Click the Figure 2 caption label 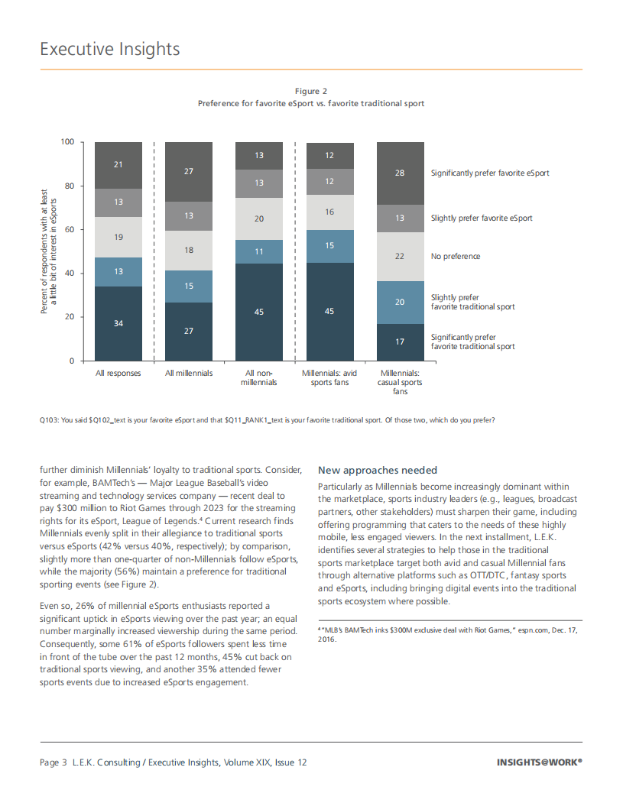click(311, 91)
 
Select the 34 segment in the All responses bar click(118, 323)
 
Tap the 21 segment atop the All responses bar click(118, 165)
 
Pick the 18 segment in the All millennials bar click(189, 250)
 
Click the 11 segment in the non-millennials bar click(259, 251)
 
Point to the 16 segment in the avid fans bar click(329, 212)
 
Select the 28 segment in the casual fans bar click(400, 173)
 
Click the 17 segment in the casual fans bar click(400, 341)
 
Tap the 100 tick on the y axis click(67, 142)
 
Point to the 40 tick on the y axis click(69, 274)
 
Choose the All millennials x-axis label click(189, 374)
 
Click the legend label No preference click(456, 256)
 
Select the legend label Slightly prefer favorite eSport click(482, 218)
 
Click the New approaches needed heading click(378, 470)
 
